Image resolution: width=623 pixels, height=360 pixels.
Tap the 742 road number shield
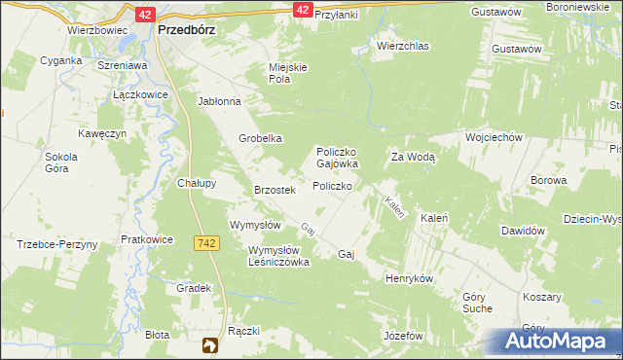(x=204, y=242)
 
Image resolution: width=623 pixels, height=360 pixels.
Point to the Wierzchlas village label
(x=402, y=45)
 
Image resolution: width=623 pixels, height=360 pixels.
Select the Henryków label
(x=409, y=278)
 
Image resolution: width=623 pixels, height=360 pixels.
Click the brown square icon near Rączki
(x=209, y=344)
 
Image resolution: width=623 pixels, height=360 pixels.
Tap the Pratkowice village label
(x=147, y=238)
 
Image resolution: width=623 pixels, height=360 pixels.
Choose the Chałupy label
(x=196, y=182)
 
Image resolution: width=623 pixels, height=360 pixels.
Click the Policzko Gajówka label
(x=336, y=158)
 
